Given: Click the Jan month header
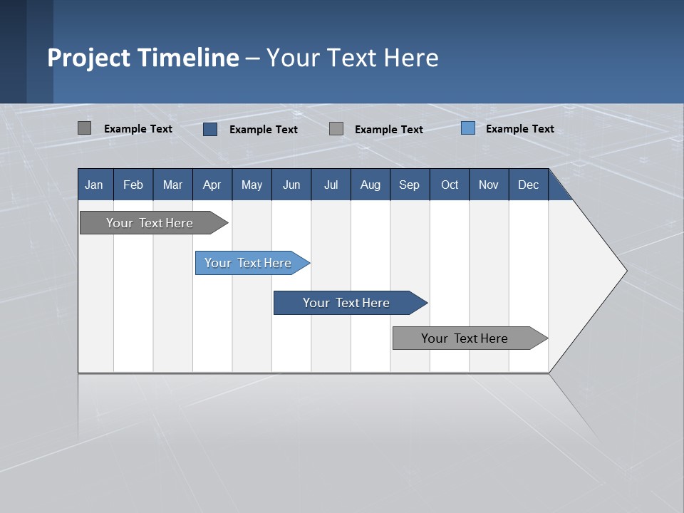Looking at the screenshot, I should (x=95, y=185).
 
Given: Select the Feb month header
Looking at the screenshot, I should (x=133, y=185).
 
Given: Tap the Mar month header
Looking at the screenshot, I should (x=172, y=185).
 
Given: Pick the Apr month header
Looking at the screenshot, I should (x=212, y=185).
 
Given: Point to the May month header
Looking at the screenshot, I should (x=252, y=185).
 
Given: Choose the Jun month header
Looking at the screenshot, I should (x=291, y=185).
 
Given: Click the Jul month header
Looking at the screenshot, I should (x=331, y=185).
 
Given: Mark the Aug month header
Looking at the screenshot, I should (x=370, y=185).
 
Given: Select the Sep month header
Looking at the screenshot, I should (x=410, y=185).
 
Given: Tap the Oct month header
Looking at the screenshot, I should (x=450, y=185).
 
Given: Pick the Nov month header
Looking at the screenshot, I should (x=489, y=185).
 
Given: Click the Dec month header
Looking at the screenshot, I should (x=529, y=185).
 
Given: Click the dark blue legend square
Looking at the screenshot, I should (x=210, y=129).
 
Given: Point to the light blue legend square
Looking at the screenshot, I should (x=468, y=128).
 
